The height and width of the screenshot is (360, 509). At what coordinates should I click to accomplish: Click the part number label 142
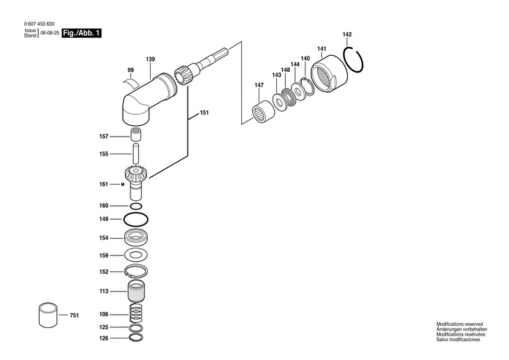coord(347,34)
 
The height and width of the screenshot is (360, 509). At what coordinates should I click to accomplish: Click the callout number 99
coord(130,70)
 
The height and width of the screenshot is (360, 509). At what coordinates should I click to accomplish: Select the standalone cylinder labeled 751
coord(50,314)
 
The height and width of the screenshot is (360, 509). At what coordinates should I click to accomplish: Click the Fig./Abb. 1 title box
coord(82,33)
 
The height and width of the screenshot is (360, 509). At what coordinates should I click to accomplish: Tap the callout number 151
coord(204,112)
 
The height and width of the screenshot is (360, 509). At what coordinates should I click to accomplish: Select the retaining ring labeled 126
coord(137,339)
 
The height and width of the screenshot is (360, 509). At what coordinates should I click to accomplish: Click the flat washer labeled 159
coord(137,255)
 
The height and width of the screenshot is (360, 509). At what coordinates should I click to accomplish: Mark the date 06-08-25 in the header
coord(49,33)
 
